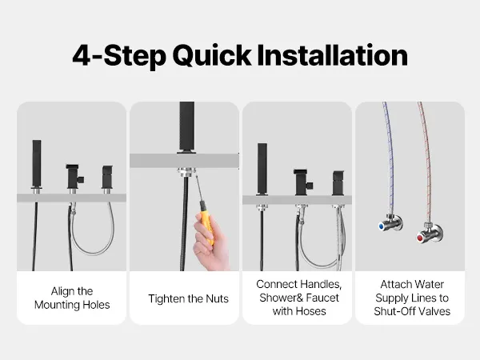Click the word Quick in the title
[x=212, y=56]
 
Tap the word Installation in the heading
[x=333, y=55]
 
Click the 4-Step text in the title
[x=119, y=56]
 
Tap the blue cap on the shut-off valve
[x=381, y=226]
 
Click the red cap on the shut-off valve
[x=420, y=238]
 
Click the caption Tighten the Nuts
[x=188, y=298]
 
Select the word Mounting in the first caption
[x=58, y=305]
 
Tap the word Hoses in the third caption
[x=310, y=311]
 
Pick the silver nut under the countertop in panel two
[x=186, y=171]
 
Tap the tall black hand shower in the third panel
[x=262, y=169]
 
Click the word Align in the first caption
[x=60, y=291]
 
